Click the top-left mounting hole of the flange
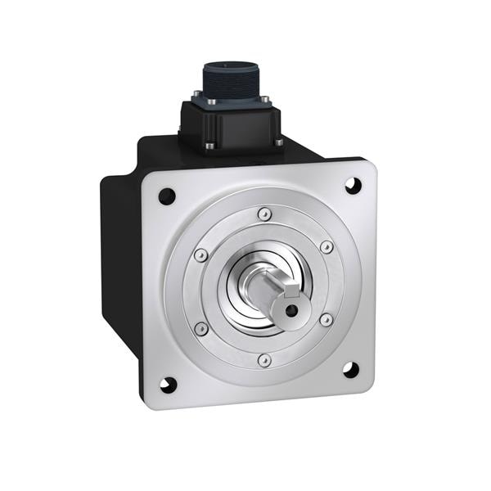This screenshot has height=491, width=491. click(166, 196)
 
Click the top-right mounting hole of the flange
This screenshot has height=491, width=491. click(353, 185)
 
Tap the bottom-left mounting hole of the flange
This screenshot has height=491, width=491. click(169, 383)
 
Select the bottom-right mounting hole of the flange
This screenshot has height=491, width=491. click(350, 369)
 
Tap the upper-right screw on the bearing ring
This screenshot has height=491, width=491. click(327, 246)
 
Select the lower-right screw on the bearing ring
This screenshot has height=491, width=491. click(326, 319)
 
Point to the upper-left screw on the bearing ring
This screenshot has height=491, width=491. click(201, 255)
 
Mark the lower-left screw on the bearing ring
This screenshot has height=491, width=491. click(200, 329)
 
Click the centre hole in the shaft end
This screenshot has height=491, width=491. click(289, 309)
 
